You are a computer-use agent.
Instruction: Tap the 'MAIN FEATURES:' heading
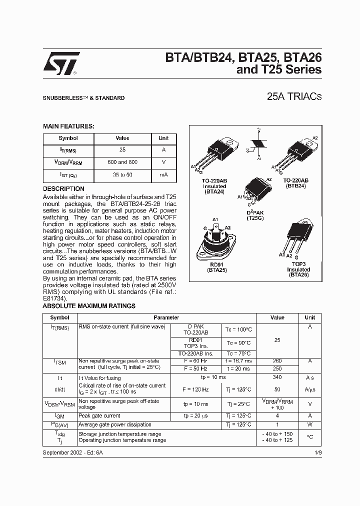(68, 126)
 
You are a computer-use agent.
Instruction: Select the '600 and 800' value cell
(122, 162)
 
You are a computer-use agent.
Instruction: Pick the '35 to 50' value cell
(122, 174)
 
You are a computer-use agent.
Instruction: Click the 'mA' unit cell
(163, 174)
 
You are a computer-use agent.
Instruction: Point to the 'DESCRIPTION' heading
(63, 189)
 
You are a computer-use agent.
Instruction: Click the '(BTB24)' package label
(296, 185)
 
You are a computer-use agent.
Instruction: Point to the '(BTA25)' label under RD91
(217, 269)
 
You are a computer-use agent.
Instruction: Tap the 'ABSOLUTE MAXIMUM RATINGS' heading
(89, 306)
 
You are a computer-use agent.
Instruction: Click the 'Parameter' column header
(166, 317)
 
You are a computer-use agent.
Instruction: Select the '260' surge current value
(277, 360)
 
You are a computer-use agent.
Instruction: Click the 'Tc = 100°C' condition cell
(239, 329)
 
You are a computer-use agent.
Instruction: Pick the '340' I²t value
(277, 377)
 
